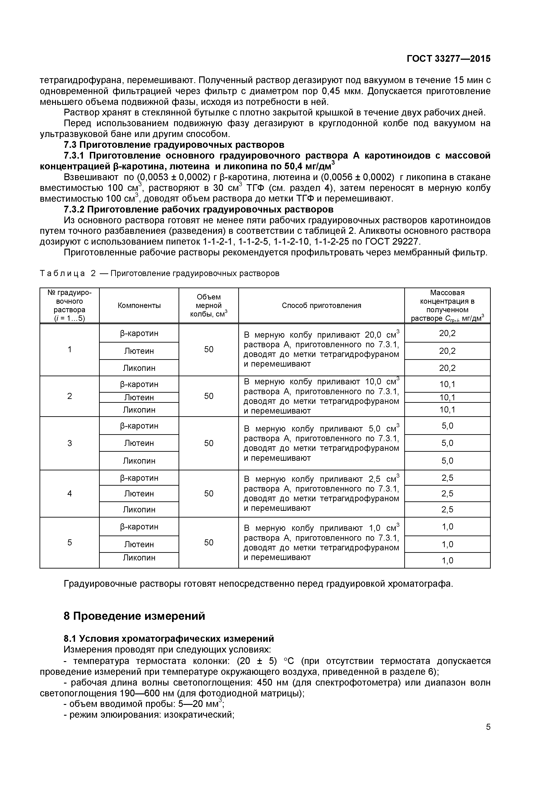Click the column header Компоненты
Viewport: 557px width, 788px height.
click(x=139, y=305)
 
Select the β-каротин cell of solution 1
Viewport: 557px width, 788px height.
click(x=139, y=333)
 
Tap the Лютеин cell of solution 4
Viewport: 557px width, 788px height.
click(x=139, y=494)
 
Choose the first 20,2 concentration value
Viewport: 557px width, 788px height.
click(x=447, y=333)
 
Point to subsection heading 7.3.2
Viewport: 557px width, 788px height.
click(x=198, y=209)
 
